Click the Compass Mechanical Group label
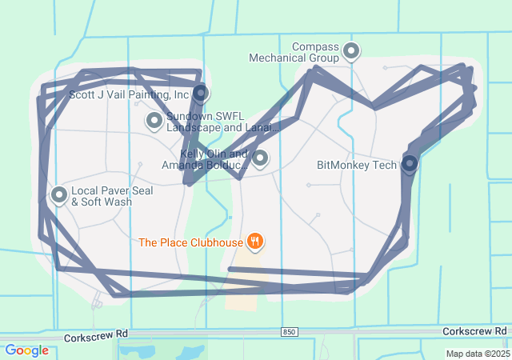pyautogui.click(x=294, y=53)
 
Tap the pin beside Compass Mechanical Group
pyautogui.click(x=350, y=52)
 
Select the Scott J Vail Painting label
pyautogui.click(x=129, y=94)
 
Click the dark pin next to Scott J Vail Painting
pyautogui.click(x=201, y=93)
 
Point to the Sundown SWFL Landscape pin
pyautogui.click(x=154, y=121)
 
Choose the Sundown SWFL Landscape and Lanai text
pyautogui.click(x=222, y=122)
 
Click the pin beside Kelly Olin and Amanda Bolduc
pyautogui.click(x=260, y=158)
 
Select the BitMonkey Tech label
pyautogui.click(x=357, y=166)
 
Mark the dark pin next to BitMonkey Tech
pyautogui.click(x=410, y=164)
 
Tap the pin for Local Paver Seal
pyautogui.click(x=59, y=194)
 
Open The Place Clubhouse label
pyautogui.click(x=190, y=241)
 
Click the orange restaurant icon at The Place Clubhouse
pyautogui.click(x=254, y=240)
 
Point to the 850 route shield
pyautogui.click(x=290, y=331)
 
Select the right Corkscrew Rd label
pyautogui.click(x=475, y=330)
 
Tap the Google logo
pyautogui.click(x=26, y=350)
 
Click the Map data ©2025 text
pyautogui.click(x=477, y=354)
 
